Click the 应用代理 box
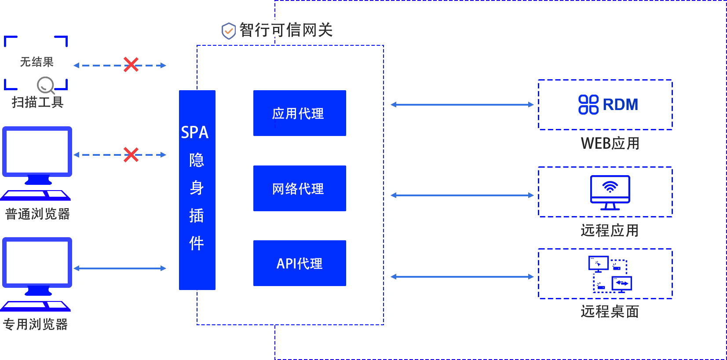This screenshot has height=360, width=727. coord(300,113)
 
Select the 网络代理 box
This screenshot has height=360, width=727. coord(300,188)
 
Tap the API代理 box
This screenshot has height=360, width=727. coord(300,263)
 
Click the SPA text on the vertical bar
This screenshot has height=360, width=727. coord(195,132)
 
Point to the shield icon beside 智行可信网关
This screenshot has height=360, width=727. coord(229,31)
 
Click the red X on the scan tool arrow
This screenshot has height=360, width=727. coord(131,65)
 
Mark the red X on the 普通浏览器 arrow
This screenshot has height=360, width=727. coord(131,154)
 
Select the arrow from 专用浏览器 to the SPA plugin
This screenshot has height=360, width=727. coord(120,268)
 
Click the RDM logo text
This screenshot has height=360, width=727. coord(620,105)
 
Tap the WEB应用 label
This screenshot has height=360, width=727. coord(610,143)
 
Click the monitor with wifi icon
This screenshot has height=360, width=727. coord(610,192)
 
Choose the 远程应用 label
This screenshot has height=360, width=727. coord(610,230)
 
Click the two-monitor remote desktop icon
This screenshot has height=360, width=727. coord(610,274)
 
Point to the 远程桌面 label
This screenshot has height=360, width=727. coord(610,312)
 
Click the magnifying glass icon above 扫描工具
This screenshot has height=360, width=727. coord(46,85)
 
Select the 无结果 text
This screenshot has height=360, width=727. coord(37,62)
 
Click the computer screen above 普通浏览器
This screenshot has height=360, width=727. coord(37,152)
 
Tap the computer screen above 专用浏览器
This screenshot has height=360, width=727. coord(37,263)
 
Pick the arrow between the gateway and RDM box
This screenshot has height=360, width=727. coord(462,104)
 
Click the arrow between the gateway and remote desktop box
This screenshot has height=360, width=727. coord(462,276)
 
